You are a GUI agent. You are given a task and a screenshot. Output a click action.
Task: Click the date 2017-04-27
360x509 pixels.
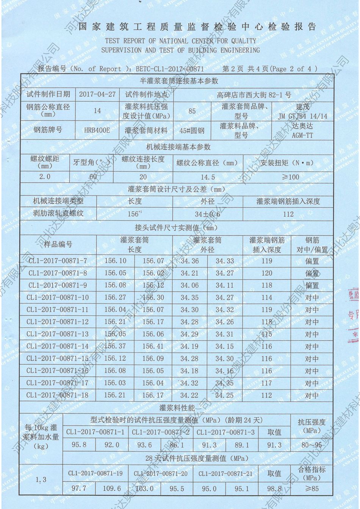tap(97, 94)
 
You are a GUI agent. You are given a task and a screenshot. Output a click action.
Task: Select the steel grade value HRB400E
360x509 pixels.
tap(97, 130)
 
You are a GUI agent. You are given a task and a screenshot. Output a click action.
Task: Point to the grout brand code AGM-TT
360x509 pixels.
tap(302, 135)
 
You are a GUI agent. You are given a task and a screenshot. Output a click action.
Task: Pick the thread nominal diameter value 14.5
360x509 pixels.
tap(207, 177)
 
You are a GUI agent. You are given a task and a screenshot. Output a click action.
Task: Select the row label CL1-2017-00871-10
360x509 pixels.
tap(58, 298)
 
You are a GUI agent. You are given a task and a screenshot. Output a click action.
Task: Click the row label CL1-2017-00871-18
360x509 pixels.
tap(58, 395)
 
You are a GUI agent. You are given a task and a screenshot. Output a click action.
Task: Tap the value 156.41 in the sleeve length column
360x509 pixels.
tap(153, 346)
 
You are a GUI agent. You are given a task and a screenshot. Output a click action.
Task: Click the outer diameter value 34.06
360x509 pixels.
tap(189, 285)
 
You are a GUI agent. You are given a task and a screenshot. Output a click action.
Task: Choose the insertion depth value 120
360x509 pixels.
tap(267, 273)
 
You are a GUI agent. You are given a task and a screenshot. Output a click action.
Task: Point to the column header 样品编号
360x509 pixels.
tap(58, 244)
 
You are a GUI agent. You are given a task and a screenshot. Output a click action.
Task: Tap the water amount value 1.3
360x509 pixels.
tap(41, 480)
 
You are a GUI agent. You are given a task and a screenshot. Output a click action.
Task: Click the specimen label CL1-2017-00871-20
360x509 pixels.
tap(161, 474)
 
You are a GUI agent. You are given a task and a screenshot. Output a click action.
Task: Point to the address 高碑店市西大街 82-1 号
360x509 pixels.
tap(254, 95)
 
